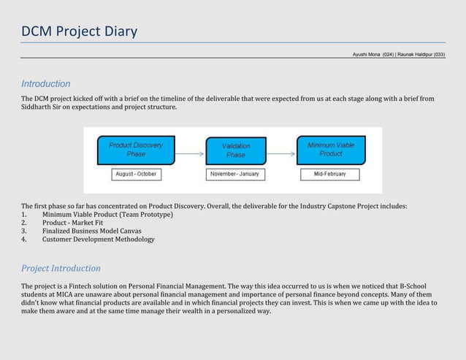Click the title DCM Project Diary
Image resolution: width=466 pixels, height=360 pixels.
79,31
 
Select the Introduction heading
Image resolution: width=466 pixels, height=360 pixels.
45,84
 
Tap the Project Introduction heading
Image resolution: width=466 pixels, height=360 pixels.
61,268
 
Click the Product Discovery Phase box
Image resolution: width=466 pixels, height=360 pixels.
136,150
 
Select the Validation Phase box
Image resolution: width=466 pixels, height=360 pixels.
235,150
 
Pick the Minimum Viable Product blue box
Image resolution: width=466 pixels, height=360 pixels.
330,150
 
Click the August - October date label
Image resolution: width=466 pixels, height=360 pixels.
135,175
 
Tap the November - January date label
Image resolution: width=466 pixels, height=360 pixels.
234,175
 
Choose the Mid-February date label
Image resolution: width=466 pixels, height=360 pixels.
330,175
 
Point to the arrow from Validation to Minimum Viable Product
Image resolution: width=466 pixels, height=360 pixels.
280,153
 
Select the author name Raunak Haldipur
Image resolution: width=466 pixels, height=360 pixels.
421,55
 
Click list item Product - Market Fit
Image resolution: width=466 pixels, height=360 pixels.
72,223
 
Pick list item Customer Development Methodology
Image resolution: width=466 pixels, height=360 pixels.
98,239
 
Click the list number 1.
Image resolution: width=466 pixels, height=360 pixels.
24,215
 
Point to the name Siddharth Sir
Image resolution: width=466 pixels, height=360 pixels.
43,107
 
